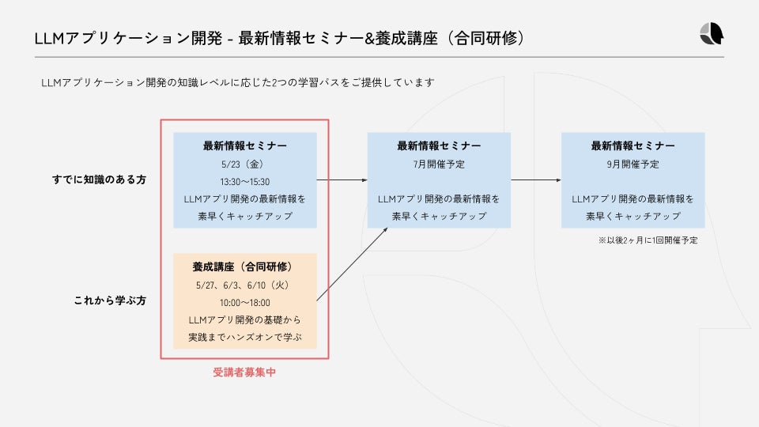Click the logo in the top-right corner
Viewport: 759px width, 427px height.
[711, 35]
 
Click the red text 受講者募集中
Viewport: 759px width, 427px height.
[245, 372]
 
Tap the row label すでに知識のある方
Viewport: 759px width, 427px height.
[99, 180]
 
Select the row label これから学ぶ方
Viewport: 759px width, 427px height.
[110, 301]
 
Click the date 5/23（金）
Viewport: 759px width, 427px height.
[245, 164]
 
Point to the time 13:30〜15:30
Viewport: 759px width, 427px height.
[245, 182]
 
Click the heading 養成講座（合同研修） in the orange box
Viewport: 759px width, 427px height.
[245, 266]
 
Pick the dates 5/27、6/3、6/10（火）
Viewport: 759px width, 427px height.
[245, 285]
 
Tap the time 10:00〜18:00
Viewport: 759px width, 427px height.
[245, 302]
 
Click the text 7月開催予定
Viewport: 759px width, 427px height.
[439, 164]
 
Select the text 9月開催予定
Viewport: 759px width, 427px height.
[632, 164]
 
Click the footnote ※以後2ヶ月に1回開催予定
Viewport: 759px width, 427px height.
[648, 240]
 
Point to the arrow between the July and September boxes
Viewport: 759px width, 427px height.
[536, 180]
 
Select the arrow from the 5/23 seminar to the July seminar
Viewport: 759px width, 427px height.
[342, 180]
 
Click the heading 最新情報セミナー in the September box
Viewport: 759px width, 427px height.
[632, 146]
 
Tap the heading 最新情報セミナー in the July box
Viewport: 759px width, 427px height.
[439, 146]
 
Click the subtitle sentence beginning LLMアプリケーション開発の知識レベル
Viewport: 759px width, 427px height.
[238, 82]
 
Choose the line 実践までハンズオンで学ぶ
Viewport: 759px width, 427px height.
[245, 338]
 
